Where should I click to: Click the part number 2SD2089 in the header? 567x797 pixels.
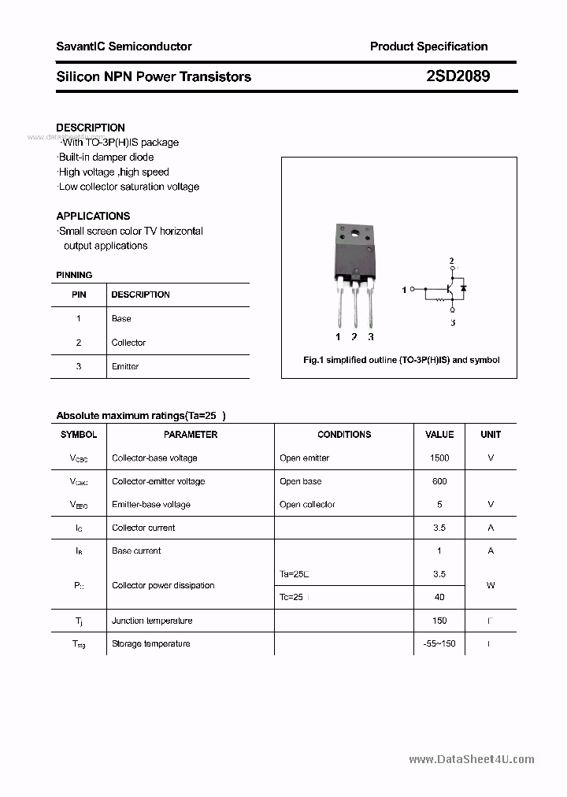pos(458,76)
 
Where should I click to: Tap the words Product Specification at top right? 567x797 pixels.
pos(428,46)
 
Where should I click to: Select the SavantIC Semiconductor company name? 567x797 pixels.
pos(124,46)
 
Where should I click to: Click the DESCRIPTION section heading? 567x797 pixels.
pos(91,128)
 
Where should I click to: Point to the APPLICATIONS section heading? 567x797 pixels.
pos(93,216)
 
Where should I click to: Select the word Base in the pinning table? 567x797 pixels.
pos(121,319)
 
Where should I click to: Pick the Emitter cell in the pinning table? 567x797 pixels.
pos(125,366)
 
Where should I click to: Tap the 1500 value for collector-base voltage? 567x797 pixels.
pos(439,458)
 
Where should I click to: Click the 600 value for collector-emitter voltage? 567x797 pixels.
pos(439,481)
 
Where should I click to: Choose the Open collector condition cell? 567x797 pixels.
pos(307,504)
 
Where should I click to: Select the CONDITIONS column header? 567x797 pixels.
pos(344,435)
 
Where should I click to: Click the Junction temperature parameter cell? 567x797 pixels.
pos(152,621)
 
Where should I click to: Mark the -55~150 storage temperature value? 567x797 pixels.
pos(439,643)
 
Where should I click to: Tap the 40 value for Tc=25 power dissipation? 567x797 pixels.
pos(439,597)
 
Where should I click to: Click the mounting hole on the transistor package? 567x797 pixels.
pos(354,233)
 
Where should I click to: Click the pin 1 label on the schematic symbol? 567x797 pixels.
pos(404,290)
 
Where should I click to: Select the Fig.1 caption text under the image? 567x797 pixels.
pos(401,360)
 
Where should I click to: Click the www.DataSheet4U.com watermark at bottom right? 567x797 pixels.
pos(472,759)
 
